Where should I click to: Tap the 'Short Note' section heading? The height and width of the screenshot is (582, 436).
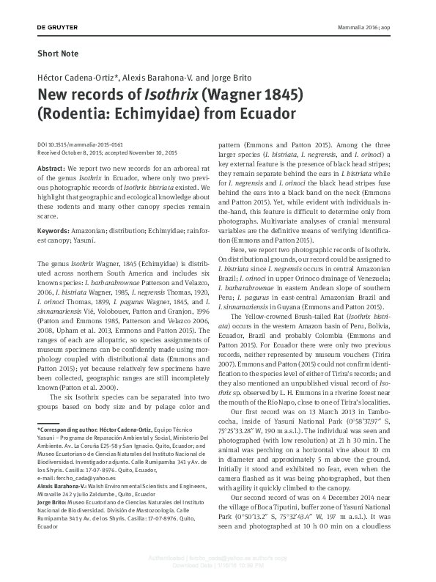[56, 54]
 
